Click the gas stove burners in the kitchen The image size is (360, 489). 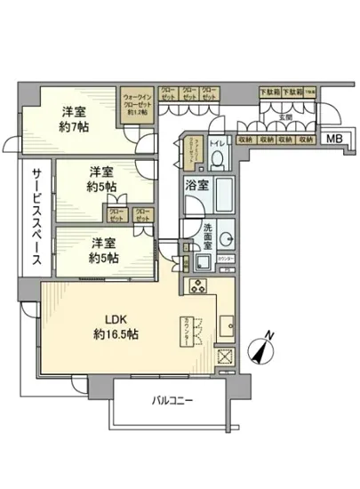point(196,286)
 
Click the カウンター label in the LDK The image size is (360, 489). point(187,325)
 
